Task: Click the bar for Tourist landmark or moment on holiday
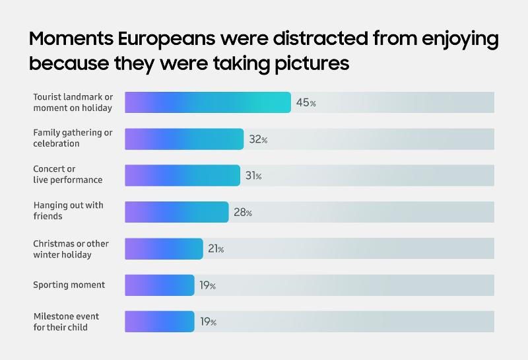(208, 102)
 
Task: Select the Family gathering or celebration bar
(184, 139)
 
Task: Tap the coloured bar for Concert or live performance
(182, 176)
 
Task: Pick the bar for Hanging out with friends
(176, 212)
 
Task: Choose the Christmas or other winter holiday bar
(164, 248)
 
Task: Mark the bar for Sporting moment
(160, 285)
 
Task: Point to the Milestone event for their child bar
(160, 322)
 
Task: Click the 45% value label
(306, 103)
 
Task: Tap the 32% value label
(258, 139)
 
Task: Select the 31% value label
(253, 176)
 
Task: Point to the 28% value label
(243, 213)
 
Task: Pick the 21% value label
(216, 249)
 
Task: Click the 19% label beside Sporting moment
(208, 285)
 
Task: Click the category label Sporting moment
(69, 285)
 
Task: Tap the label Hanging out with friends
(68, 211)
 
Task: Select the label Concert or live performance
(67, 174)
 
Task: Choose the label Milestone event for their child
(71, 321)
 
